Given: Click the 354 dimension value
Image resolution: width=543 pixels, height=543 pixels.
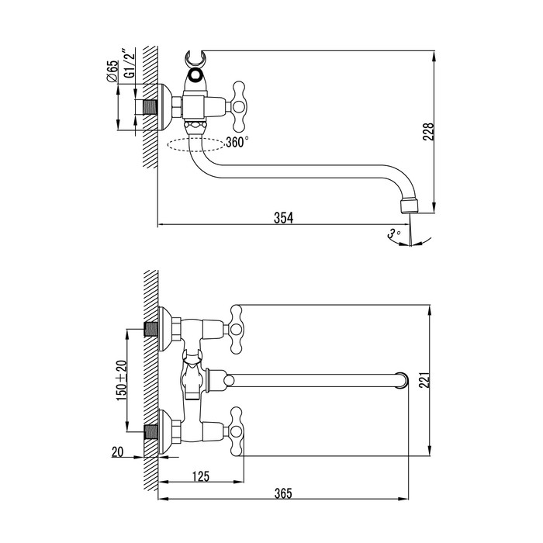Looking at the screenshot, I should coord(284,218).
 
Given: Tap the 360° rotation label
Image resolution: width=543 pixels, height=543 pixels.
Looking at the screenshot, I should coord(237,142).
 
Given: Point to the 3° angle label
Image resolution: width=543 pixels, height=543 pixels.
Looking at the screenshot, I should coord(393,232).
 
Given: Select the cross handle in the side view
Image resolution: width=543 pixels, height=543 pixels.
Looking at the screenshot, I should coord(234,106).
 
